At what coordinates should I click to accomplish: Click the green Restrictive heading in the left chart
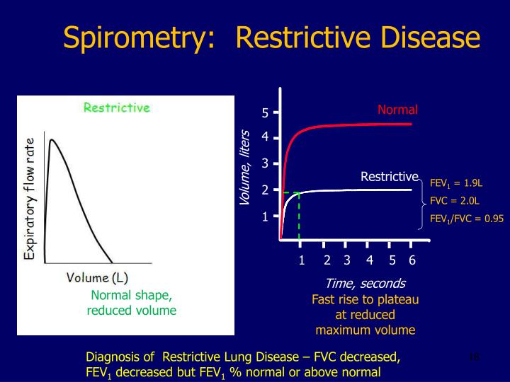click(x=117, y=108)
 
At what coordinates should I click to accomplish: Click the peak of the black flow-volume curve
click(x=52, y=139)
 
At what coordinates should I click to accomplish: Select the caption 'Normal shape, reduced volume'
click(x=131, y=303)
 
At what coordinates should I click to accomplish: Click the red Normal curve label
click(x=397, y=110)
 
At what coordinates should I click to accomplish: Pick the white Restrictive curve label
click(x=390, y=176)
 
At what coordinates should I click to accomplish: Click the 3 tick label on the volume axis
click(x=265, y=163)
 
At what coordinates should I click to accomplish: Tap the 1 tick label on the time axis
click(x=301, y=260)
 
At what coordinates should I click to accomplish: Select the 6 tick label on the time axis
click(x=412, y=260)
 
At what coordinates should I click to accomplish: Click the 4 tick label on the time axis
click(x=369, y=260)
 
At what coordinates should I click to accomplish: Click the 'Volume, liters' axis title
click(x=245, y=168)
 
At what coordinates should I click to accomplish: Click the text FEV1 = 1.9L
click(x=455, y=183)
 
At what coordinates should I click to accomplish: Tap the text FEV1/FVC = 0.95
click(x=466, y=219)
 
